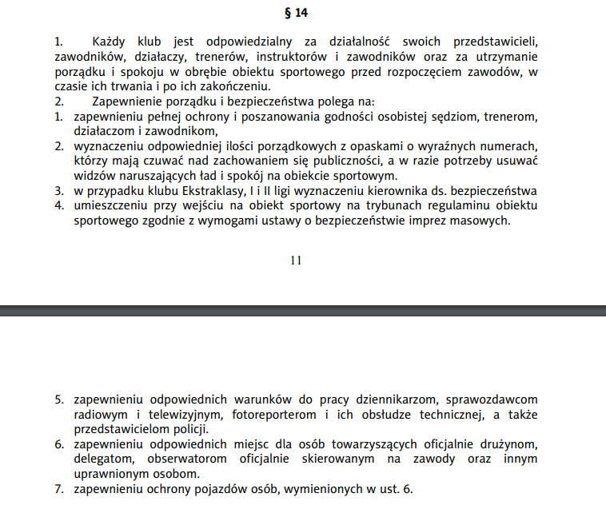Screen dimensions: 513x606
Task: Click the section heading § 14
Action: (x=296, y=13)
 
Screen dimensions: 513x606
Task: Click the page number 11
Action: (x=296, y=260)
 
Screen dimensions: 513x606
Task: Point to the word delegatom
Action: (x=102, y=459)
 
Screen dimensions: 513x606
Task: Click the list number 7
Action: (x=59, y=489)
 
